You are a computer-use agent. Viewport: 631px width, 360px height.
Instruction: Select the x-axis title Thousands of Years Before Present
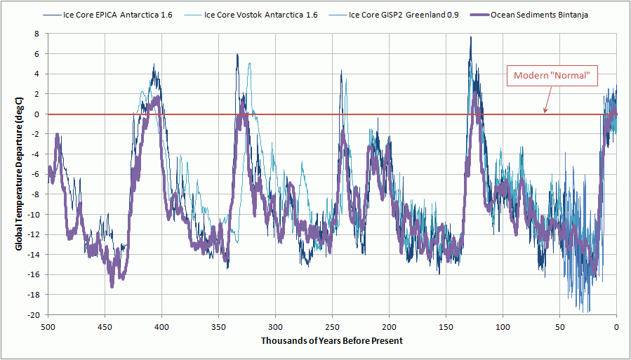coord(332,340)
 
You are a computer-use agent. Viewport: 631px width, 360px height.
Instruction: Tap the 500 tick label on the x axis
coord(48,326)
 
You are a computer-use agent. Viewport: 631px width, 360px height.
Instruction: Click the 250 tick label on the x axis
coord(332,326)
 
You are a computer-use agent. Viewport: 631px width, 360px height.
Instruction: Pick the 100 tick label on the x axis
coord(503,326)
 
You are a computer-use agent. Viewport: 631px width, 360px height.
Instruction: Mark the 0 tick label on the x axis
coord(616,326)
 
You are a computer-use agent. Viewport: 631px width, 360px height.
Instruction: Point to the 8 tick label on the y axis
coord(39,34)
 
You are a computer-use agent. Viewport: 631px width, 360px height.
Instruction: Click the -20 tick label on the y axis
coord(35,314)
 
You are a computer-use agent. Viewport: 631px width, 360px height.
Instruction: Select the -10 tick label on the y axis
coord(35,214)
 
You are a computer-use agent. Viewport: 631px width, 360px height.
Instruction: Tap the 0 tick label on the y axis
coord(39,114)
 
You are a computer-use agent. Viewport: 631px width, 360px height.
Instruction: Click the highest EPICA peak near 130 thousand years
coord(470,38)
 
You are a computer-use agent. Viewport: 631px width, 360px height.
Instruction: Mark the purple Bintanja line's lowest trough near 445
coord(112,286)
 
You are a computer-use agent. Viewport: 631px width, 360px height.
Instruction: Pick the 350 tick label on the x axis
coord(218,326)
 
